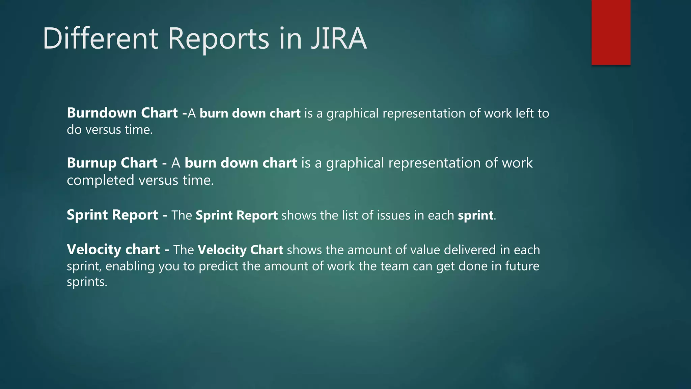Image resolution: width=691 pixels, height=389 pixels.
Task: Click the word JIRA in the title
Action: point(338,38)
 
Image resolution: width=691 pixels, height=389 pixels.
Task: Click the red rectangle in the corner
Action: point(611,32)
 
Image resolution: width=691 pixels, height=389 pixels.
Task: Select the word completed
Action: point(101,181)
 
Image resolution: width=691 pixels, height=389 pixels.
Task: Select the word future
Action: point(522,266)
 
